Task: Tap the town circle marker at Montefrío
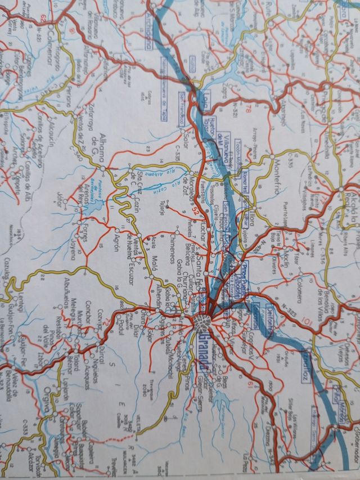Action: click(x=271, y=156)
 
